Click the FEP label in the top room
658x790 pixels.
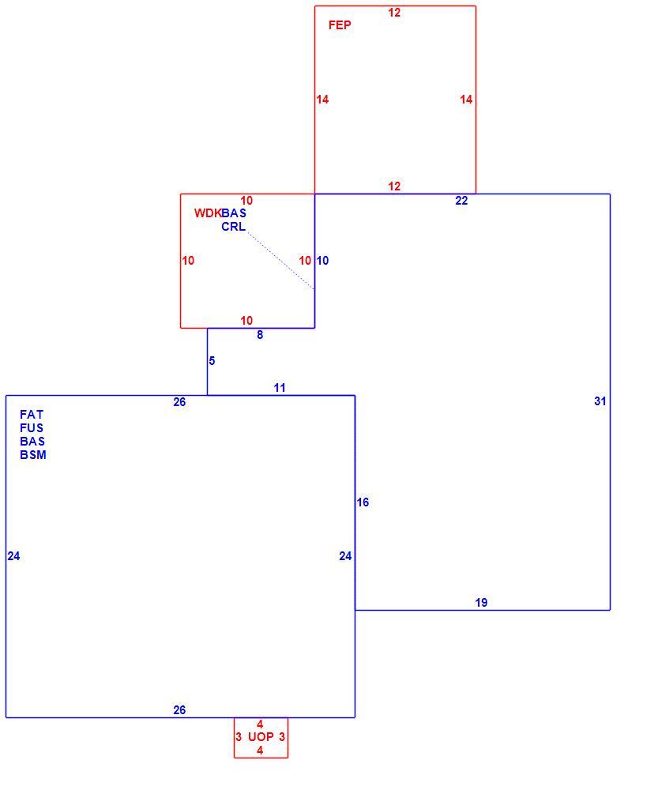[340, 25]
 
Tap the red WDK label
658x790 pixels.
[208, 213]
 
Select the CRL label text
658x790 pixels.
[233, 227]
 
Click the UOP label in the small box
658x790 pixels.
[261, 736]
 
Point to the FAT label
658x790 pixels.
[32, 415]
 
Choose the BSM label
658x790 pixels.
[33, 455]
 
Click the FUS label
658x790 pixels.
[32, 428]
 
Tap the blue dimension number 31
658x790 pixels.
[600, 401]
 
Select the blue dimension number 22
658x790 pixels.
[461, 201]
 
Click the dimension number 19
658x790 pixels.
[481, 603]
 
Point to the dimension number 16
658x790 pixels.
[363, 502]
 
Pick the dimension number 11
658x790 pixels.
[280, 388]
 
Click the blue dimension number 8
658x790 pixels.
[260, 334]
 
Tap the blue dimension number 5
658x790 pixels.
[212, 361]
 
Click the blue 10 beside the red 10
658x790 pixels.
[322, 261]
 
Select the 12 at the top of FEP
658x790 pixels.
[394, 13]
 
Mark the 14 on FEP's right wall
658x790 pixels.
[466, 100]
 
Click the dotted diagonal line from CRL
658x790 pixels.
[280, 261]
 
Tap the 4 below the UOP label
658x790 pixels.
[260, 750]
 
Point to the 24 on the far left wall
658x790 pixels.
[13, 555]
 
